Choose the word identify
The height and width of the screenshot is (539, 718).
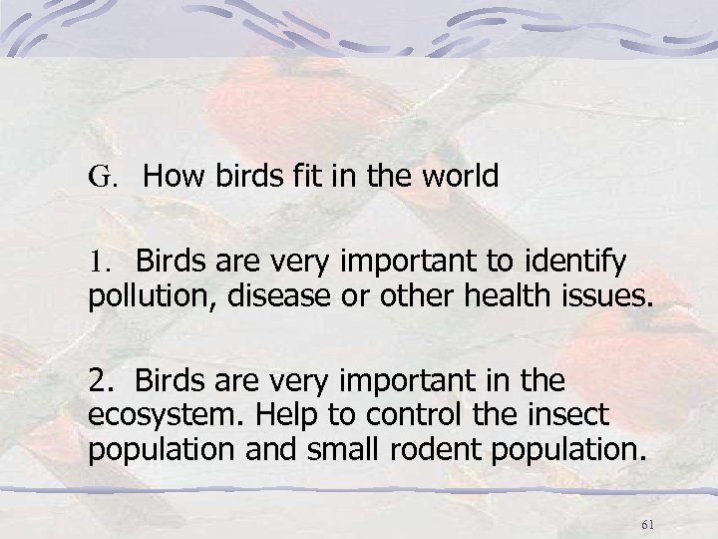580,263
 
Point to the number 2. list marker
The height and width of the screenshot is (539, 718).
102,380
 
